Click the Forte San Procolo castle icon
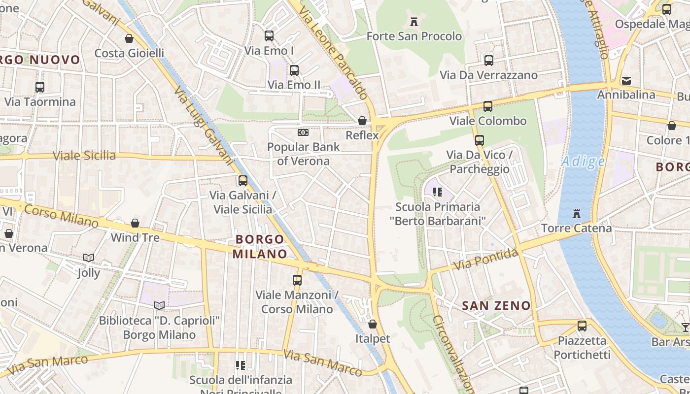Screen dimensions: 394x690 click(414, 22)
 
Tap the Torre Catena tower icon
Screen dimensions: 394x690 click(576, 214)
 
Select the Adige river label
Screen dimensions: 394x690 click(584, 162)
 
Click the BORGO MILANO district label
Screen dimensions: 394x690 click(260, 247)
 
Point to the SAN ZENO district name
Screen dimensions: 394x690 click(496, 305)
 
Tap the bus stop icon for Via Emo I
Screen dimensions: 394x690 click(269, 36)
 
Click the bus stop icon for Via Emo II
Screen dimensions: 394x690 click(294, 70)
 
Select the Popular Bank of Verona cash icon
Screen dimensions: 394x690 click(304, 132)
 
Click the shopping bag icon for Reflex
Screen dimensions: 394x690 click(362, 121)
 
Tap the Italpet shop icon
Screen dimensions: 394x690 click(373, 324)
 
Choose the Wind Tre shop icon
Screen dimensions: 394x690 click(135, 223)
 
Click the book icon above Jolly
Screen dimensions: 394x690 click(89, 258)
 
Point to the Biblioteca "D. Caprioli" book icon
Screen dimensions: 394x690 click(159, 306)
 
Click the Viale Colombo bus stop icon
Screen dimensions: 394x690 click(488, 106)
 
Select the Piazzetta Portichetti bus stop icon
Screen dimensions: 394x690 click(582, 326)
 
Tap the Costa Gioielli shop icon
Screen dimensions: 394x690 click(129, 38)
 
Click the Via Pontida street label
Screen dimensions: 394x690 click(485, 260)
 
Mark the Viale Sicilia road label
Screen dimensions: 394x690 click(84, 156)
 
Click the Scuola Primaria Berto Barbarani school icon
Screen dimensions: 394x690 click(437, 192)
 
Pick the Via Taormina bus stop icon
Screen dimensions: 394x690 click(40, 87)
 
